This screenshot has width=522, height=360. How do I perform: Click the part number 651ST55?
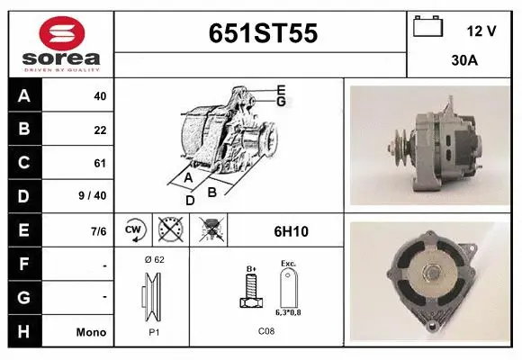pyautogui.click(x=263, y=33)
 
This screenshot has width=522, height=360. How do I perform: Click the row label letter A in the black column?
pyautogui.click(x=23, y=96)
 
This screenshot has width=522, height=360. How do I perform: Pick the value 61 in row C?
pyautogui.click(x=99, y=163)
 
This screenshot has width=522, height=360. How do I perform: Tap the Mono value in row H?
pyautogui.click(x=91, y=332)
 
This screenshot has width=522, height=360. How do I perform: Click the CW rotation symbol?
pyautogui.click(x=134, y=230)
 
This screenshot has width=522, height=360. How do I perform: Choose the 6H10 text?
pyautogui.click(x=291, y=231)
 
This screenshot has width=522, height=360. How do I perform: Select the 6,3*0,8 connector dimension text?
pyautogui.click(x=288, y=311)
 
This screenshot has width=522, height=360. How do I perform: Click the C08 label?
pyautogui.click(x=266, y=330)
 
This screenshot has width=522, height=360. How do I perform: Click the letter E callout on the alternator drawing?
pyautogui.click(x=281, y=89)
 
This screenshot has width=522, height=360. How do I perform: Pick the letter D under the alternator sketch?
pyautogui.click(x=190, y=201)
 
